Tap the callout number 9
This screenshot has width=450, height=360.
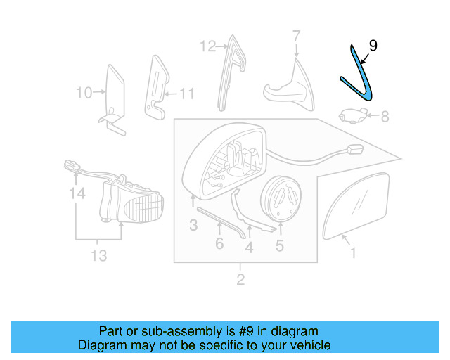point(373,46)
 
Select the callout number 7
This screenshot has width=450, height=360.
point(296,35)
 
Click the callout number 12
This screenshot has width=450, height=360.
point(207,47)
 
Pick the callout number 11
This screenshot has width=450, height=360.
point(186,92)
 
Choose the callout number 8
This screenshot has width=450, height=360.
point(385,116)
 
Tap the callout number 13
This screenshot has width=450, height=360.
point(98,255)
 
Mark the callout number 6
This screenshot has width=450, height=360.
point(219,243)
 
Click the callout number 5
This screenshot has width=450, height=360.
point(279,245)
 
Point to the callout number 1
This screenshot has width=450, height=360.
point(353,252)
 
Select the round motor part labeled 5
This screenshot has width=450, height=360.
point(281,197)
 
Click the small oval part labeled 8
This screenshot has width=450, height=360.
point(349,115)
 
